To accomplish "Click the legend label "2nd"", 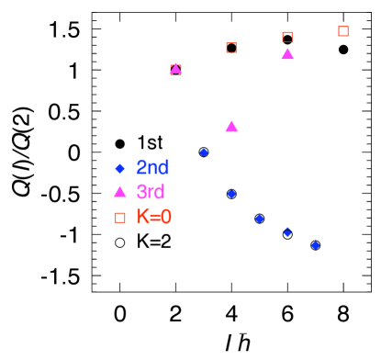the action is point(152,168).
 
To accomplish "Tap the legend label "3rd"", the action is point(151,193).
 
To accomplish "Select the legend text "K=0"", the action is point(154,218).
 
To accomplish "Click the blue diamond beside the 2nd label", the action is point(119,168).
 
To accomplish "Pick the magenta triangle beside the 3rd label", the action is point(119,192).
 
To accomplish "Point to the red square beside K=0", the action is point(120,218).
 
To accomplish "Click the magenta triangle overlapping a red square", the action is point(175,69).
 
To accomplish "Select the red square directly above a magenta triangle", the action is point(287,37).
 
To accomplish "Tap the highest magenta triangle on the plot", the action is point(287,54).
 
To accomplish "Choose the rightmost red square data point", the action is point(343,31).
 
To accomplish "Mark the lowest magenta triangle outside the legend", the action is point(231,127).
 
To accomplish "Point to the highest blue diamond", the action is point(204,152).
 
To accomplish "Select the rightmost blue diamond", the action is point(316,245).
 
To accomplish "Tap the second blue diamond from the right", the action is point(287,232).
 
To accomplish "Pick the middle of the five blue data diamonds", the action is point(260,219).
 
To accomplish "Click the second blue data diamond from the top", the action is point(231,194).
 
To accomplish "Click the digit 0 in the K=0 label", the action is point(166,218).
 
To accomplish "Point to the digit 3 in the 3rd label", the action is point(141,193).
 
